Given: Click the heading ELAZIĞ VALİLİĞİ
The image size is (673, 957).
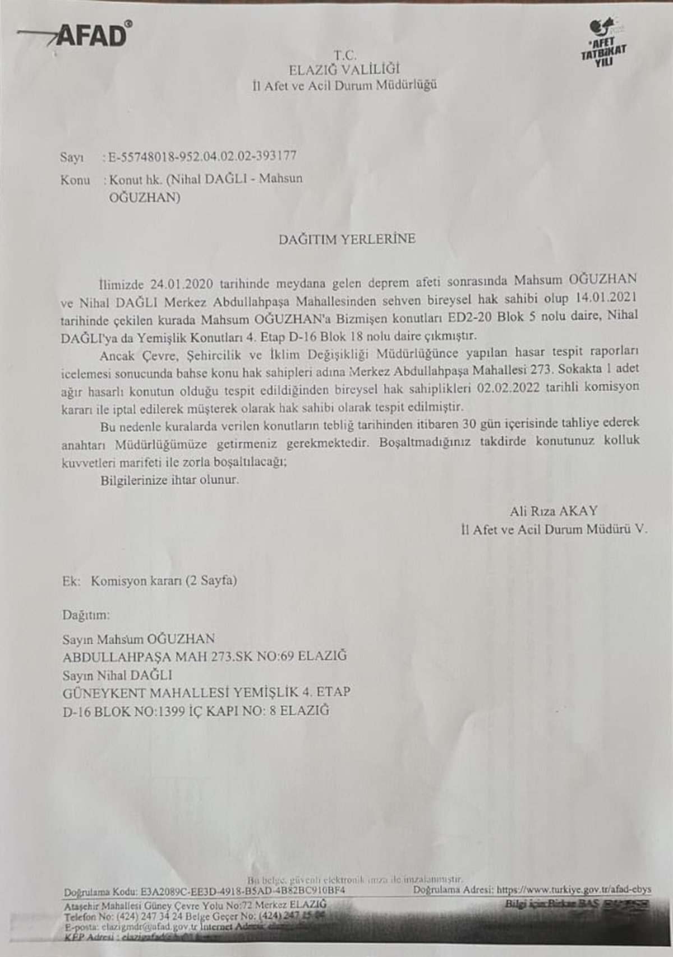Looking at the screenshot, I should (344, 70).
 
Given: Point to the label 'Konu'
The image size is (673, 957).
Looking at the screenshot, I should (75, 180).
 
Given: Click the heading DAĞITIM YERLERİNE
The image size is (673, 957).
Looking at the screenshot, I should (347, 239).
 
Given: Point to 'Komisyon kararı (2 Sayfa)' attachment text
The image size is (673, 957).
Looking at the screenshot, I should (164, 580).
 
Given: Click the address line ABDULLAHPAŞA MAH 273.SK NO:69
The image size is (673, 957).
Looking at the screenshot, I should (205, 656).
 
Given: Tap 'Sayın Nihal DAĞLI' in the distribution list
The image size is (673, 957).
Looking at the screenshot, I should (117, 674).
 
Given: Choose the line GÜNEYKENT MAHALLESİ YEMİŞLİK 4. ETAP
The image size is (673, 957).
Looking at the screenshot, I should (206, 692).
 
